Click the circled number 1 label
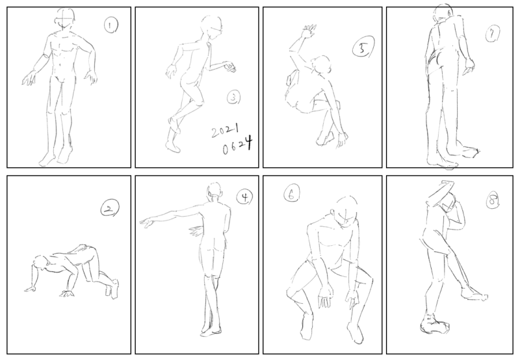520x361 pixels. pyautogui.click(x=111, y=25)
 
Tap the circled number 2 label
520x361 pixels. pyautogui.click(x=109, y=207)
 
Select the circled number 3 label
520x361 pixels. pyautogui.click(x=234, y=98)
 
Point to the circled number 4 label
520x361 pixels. pyautogui.click(x=244, y=197)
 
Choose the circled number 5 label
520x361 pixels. pyautogui.click(x=363, y=47)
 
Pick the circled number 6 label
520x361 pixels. pyautogui.click(x=291, y=193)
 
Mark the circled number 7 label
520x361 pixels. pyautogui.click(x=493, y=34)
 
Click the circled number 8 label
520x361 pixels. pyautogui.click(x=493, y=201)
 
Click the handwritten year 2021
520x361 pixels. pyautogui.click(x=226, y=130)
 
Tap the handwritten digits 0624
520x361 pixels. pyautogui.click(x=237, y=146)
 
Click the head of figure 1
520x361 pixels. pyautogui.click(x=66, y=19)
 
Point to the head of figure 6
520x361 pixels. pyautogui.click(x=346, y=211)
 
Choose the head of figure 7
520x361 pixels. pyautogui.click(x=444, y=13)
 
